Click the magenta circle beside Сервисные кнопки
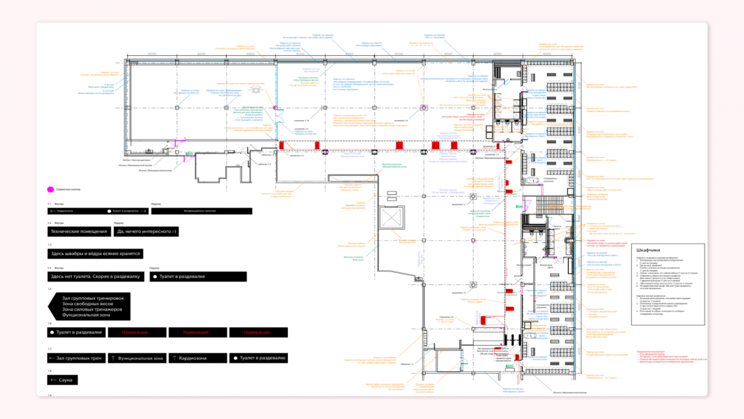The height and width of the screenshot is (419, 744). (x=50, y=189)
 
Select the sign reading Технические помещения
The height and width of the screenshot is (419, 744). (x=79, y=231)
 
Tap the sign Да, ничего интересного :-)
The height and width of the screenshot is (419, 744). (x=146, y=231)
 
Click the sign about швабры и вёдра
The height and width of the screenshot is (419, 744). (x=95, y=254)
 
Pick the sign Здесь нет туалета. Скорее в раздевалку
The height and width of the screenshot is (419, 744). (x=96, y=277)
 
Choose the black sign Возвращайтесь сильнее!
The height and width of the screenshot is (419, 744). (x=201, y=211)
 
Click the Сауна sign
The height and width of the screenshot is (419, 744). (x=62, y=380)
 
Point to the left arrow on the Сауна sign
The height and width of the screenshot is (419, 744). (x=53, y=380)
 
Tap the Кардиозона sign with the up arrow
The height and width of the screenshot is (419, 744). (x=198, y=358)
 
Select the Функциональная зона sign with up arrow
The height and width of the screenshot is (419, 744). (x=137, y=358)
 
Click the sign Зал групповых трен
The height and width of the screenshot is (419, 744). (x=76, y=358)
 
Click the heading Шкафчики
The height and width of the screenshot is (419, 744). (x=648, y=250)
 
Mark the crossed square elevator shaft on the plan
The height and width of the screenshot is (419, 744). (x=392, y=217)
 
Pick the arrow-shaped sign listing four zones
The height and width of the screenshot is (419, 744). (x=89, y=306)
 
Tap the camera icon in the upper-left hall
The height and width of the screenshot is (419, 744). (x=255, y=89)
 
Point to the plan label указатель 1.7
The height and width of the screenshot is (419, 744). (x=458, y=204)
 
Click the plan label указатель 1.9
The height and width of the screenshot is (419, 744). (x=458, y=293)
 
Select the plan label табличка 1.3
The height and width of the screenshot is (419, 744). (x=264, y=164)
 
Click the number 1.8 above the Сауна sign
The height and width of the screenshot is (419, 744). (x=50, y=371)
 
